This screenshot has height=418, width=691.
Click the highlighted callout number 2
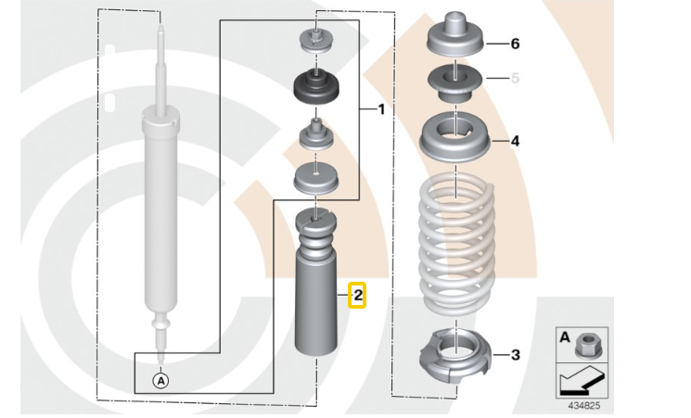tap(357, 296)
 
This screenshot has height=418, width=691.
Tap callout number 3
tap(515, 354)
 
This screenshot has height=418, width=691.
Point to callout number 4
tap(515, 141)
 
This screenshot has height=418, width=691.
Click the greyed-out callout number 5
tap(515, 79)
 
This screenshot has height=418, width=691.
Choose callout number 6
tap(515, 44)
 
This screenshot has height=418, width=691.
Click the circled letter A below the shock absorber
tap(161, 379)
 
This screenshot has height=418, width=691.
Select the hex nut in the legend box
tap(589, 346)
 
